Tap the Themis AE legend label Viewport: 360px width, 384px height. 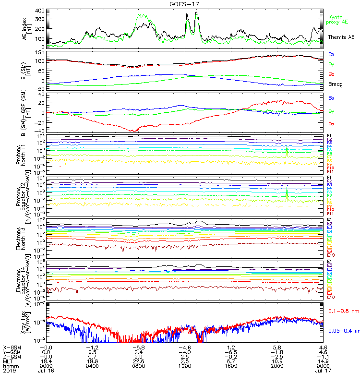341,37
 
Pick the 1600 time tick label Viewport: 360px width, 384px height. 230,365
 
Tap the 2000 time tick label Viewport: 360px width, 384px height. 276,365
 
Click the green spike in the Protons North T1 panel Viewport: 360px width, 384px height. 287,150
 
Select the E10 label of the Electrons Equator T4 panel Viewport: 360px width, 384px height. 330,297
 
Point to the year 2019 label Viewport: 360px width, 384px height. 9,371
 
